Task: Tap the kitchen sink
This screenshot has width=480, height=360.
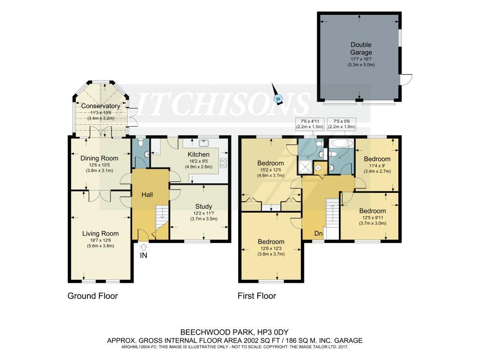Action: point(205,142)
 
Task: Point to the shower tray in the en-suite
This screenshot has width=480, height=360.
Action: point(305,166)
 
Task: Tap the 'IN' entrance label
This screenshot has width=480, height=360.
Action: point(143,255)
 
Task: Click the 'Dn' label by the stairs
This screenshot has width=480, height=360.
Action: point(318,233)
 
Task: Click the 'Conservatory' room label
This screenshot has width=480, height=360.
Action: point(100,106)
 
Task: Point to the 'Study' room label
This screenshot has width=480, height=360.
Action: point(204,206)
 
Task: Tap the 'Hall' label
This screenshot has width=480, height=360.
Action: point(147,194)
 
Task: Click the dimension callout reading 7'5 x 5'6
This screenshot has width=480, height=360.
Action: point(342,123)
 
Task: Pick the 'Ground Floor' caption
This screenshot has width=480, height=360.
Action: point(92,296)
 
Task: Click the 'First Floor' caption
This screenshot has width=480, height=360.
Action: point(257,296)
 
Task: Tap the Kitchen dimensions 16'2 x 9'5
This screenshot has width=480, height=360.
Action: point(199,161)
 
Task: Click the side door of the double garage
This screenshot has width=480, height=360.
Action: point(406,80)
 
